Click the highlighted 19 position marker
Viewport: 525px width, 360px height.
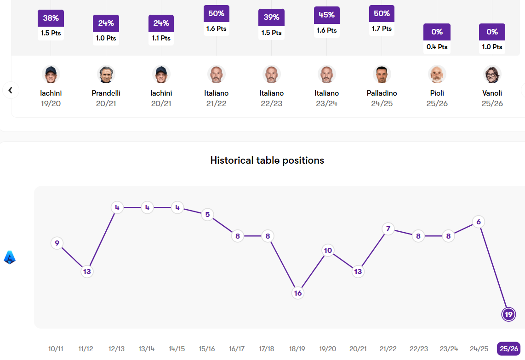point(508,314)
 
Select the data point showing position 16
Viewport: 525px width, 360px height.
point(298,293)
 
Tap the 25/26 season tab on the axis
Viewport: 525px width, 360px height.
point(508,349)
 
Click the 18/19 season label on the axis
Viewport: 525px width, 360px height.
point(297,349)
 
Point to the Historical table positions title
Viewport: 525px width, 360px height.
point(267,160)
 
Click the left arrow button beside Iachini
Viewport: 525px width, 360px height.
point(11,90)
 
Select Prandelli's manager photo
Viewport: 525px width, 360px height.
point(106,74)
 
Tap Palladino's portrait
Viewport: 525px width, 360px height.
point(382,74)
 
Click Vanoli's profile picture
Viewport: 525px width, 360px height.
point(492,74)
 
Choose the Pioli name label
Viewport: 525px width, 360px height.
point(437,93)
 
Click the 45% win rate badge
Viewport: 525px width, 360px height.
point(327,15)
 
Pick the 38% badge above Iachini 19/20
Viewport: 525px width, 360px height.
point(51,18)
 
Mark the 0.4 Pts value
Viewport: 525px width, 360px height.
point(437,47)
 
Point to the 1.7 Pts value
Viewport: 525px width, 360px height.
point(382,29)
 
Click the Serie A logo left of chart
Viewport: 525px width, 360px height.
point(10,257)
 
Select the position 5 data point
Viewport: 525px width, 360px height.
point(207,214)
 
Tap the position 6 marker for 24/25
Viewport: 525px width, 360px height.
point(479,222)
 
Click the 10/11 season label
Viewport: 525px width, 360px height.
point(56,349)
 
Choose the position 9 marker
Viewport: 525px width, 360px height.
point(57,243)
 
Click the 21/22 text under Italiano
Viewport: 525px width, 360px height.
point(217,103)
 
